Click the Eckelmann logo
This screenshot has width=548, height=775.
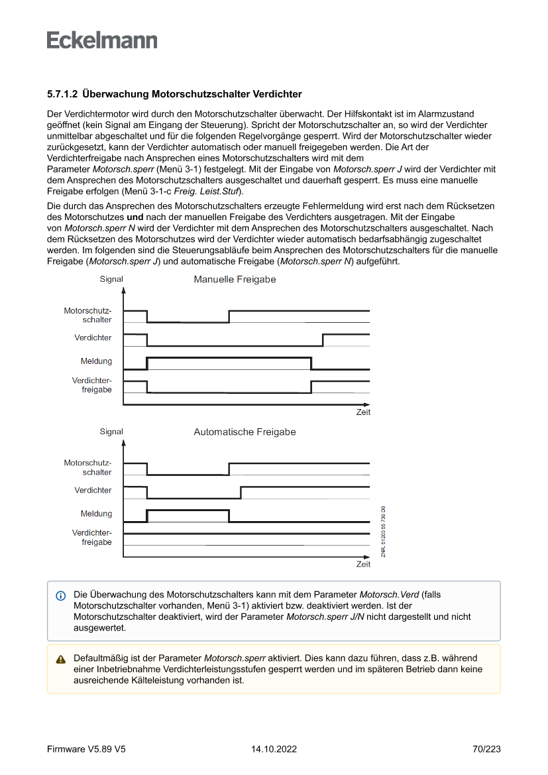[102, 40]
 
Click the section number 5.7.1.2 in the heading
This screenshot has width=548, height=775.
[63, 94]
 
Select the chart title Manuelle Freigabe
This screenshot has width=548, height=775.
[235, 280]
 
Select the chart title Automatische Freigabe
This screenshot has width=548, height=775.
[245, 432]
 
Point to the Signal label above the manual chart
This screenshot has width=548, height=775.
[111, 279]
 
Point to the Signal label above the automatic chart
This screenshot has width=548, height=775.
[111, 432]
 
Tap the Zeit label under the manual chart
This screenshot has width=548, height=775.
[363, 412]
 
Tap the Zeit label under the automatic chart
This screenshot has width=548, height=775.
[363, 565]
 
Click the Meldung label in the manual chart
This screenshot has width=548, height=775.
[96, 361]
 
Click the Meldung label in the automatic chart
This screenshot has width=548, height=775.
[96, 514]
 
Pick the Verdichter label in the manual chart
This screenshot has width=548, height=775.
[93, 338]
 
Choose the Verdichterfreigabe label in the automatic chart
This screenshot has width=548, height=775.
[92, 538]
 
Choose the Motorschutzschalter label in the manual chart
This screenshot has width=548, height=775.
[88, 315]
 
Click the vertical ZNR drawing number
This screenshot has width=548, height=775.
[383, 531]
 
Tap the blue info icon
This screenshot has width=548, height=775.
[61, 595]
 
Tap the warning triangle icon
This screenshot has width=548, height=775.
[61, 659]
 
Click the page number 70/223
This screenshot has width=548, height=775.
[486, 749]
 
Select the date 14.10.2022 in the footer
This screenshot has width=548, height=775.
[274, 749]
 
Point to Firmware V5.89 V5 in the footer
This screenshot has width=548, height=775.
[86, 749]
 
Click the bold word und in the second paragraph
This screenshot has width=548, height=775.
[135, 217]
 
